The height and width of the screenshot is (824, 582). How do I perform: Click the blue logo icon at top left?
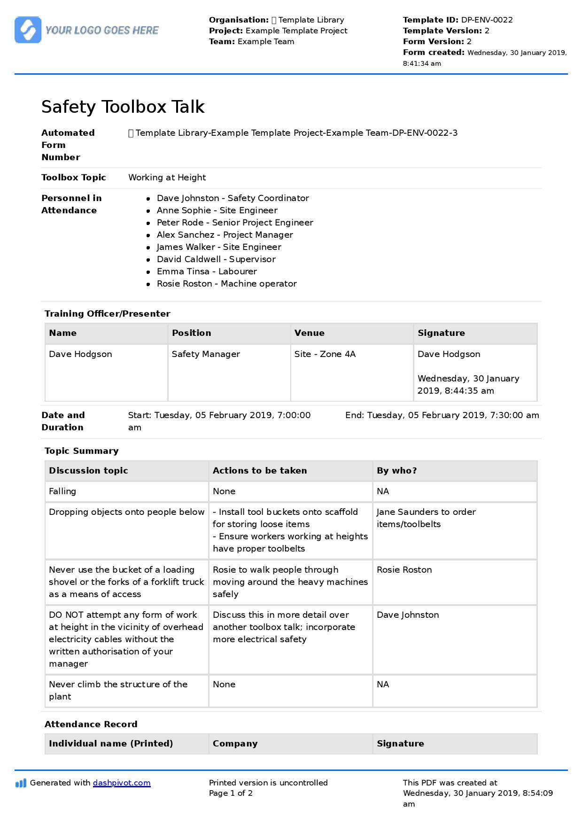[28, 30]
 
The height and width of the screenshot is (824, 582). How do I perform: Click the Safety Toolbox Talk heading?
[123, 107]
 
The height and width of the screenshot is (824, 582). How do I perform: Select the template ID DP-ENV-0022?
[487, 20]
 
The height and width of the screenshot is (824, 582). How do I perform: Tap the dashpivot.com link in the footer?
[122, 783]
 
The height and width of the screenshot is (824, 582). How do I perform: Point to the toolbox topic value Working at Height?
[167, 178]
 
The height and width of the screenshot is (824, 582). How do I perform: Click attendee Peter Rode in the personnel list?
[235, 223]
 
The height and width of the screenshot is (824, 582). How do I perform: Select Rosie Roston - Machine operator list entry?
[226, 284]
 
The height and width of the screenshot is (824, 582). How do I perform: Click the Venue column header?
[310, 333]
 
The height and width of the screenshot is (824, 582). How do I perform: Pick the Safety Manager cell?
[206, 354]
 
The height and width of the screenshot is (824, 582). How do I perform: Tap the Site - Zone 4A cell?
[325, 354]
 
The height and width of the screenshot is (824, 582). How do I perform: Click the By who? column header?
[396, 471]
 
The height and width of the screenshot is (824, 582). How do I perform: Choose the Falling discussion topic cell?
[62, 491]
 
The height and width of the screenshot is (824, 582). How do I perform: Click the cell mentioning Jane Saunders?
[426, 518]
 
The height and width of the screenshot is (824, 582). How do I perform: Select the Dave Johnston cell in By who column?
[408, 615]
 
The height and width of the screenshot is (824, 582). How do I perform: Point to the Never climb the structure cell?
[118, 691]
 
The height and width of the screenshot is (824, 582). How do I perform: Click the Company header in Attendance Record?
[235, 744]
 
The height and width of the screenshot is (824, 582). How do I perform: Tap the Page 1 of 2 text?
[231, 793]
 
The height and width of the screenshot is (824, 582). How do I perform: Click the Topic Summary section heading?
[81, 451]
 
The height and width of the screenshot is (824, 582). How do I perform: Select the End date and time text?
[442, 415]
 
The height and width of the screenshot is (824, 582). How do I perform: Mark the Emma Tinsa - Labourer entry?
[207, 272]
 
